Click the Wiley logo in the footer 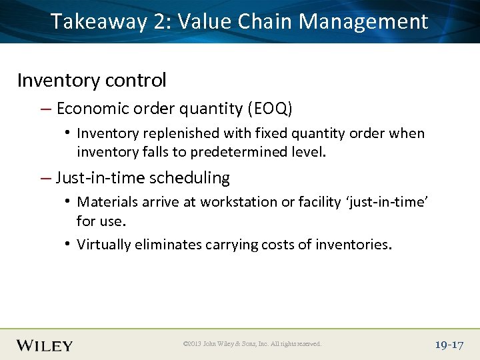[44, 345]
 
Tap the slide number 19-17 [448, 345]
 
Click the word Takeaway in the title [99, 21]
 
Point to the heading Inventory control [91, 80]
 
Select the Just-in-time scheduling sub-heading [143, 178]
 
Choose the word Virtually [104, 245]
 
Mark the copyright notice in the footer [251, 344]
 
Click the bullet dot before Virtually [68, 244]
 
